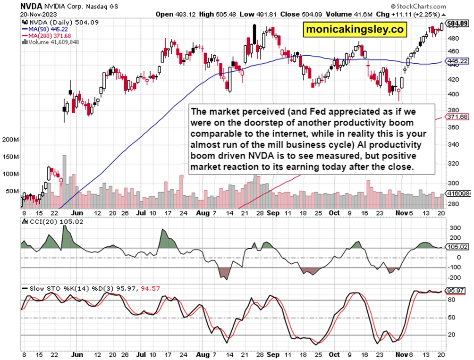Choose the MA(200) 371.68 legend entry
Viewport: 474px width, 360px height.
[x=47, y=35]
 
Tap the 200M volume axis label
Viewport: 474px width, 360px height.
[x=11, y=141]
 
